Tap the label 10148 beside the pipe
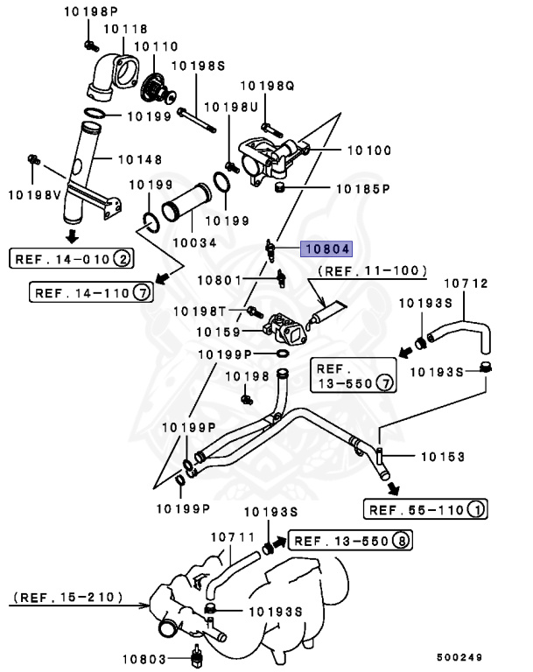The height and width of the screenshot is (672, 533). coord(139,159)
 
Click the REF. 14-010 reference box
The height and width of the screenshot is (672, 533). coord(72,258)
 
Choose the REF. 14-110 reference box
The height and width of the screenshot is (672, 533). coord(92,291)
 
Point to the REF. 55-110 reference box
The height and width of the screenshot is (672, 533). coord(425,509)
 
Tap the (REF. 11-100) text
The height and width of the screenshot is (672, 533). coord(371,271)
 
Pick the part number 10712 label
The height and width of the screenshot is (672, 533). coord(466,283)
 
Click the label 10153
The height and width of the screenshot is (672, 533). coord(442,456)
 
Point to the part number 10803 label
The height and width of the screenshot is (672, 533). coord(144,657)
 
